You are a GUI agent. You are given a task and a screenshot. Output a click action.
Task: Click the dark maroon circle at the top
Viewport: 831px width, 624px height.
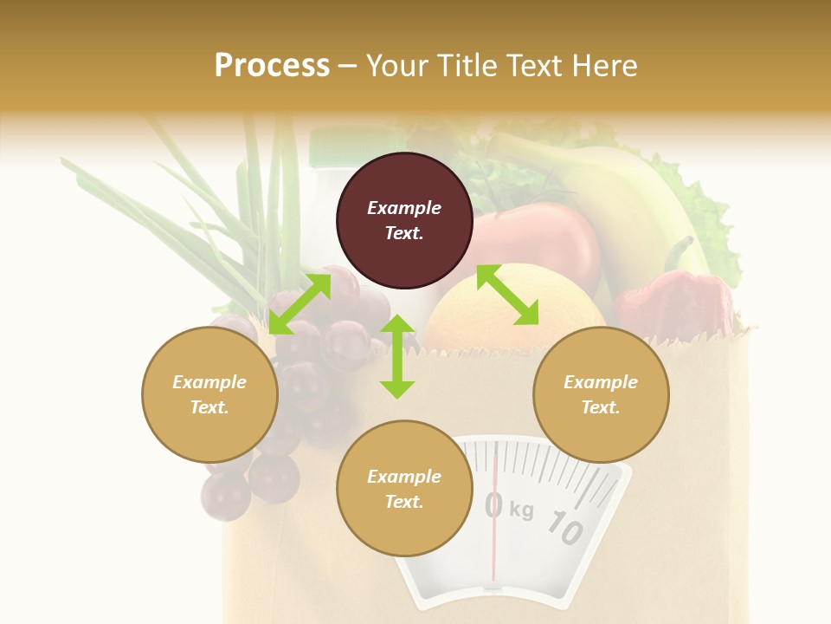coord(404,221)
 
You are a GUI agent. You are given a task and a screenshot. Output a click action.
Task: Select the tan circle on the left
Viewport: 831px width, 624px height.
coord(209,394)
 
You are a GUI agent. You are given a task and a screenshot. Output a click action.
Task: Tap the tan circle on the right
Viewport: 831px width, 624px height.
coord(601,394)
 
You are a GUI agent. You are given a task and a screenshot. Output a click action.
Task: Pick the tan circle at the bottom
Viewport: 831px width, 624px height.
coord(404,489)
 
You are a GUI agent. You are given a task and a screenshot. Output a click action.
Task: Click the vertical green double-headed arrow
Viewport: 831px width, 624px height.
coord(397,356)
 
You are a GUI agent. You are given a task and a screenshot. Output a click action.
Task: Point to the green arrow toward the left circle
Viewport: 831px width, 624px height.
coord(300,304)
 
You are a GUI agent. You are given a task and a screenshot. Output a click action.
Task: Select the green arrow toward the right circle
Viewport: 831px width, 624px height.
coord(507,296)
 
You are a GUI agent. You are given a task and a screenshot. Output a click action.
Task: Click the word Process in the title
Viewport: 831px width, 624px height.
coord(272,66)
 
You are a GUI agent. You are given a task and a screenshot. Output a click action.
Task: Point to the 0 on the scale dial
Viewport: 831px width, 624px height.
coord(493,504)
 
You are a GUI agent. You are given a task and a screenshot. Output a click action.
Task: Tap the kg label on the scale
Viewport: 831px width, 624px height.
coord(521,510)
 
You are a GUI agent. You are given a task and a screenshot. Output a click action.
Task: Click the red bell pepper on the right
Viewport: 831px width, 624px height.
coord(675,303)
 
